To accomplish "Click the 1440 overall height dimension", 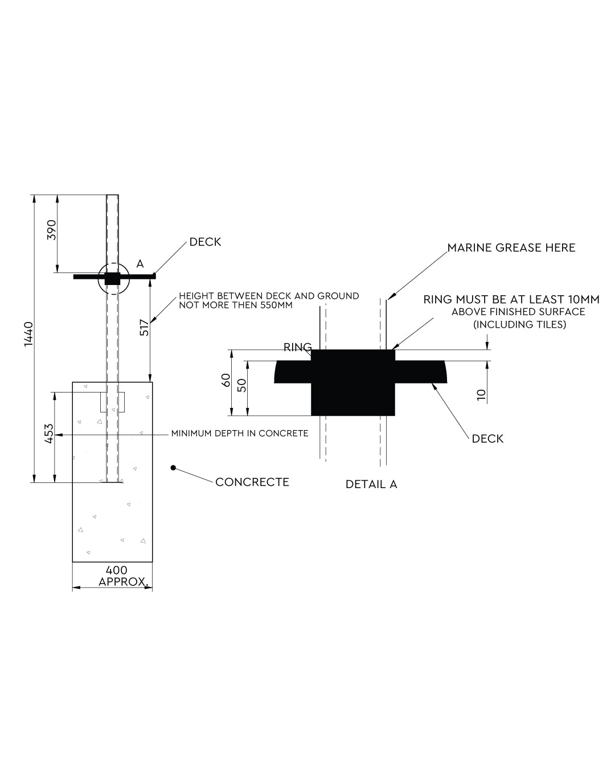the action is (28, 334).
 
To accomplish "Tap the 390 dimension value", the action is (52, 230).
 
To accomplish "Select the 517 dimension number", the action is (144, 327).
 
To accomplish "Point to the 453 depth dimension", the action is (48, 433).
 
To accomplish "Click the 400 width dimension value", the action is (117, 570).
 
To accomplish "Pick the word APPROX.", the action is (124, 582).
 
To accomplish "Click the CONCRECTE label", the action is (252, 482).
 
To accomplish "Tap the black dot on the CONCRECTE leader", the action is (173, 468).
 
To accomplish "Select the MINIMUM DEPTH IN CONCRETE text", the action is (239, 433).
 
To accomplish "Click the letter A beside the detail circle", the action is (140, 264).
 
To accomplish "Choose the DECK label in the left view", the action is (205, 242).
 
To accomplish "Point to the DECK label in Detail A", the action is (487, 439).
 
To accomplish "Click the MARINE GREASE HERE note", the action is (511, 247).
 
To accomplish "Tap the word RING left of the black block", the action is (297, 347).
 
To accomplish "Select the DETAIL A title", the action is (371, 484).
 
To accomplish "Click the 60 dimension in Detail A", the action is (226, 380).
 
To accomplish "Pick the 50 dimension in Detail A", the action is (242, 386).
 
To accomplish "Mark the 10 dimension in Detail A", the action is (481, 395).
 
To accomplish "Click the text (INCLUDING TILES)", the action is (519, 324).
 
